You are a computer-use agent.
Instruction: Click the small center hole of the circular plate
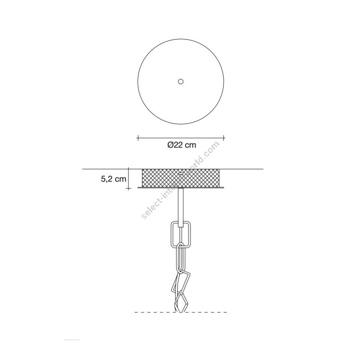(181, 82)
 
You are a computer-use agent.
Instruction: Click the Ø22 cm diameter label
(182, 145)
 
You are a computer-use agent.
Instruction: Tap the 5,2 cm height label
(114, 179)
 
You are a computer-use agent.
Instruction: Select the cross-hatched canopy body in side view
(181, 178)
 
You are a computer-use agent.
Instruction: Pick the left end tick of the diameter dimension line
(138, 138)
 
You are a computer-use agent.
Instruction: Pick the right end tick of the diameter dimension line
(224, 138)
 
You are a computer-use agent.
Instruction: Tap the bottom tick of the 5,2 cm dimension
(128, 188)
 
